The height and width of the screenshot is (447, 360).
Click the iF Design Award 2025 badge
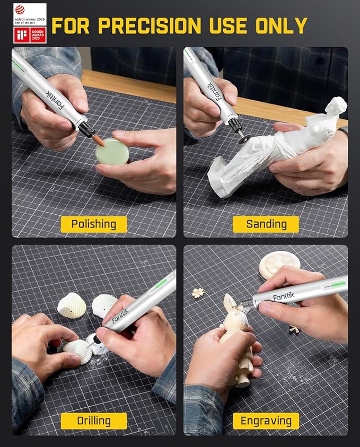point(30,35)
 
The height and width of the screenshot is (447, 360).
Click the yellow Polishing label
point(94,224)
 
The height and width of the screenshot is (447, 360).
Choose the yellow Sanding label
point(266,224)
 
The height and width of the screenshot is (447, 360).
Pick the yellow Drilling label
point(94,421)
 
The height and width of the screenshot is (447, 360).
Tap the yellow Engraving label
point(266,421)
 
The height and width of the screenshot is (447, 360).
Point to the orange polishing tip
point(99,139)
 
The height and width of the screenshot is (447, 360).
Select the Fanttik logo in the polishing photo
point(54,96)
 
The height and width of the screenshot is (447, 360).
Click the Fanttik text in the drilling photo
point(120,317)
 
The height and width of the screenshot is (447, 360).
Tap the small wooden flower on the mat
point(198,293)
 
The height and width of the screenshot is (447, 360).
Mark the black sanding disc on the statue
point(244,138)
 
